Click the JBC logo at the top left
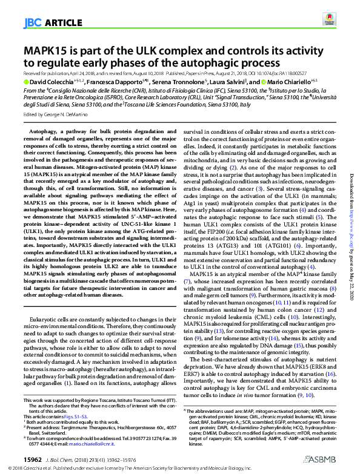pyautogui.click(x=32, y=24)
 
